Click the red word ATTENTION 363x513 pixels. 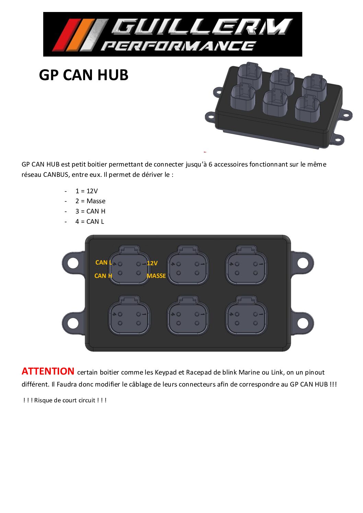[x=48, y=371]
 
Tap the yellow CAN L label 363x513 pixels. [x=104, y=262]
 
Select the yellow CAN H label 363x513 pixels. [x=103, y=276]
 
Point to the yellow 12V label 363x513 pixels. [x=152, y=263]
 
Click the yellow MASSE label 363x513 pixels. [x=156, y=276]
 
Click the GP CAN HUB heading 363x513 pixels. [x=84, y=75]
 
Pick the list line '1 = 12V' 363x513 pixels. [x=87, y=191]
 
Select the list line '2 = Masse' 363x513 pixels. [x=90, y=201]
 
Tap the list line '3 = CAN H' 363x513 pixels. [x=90, y=211]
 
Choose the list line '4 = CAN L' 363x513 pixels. [x=90, y=221]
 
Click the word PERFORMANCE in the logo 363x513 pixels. [x=178, y=46]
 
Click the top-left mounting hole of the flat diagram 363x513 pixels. [x=73, y=263]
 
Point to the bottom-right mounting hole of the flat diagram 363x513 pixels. [x=303, y=323]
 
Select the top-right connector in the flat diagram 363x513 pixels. [x=246, y=266]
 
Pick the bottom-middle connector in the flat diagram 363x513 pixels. [x=188, y=316]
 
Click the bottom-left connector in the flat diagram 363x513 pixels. [x=129, y=316]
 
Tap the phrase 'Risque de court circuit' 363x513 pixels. [x=65, y=400]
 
